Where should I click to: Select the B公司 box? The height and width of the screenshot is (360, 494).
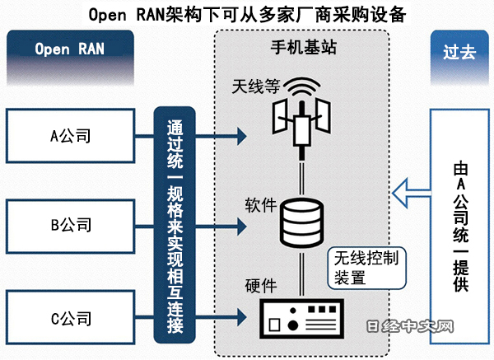70,224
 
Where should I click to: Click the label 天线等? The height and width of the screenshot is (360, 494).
250,86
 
